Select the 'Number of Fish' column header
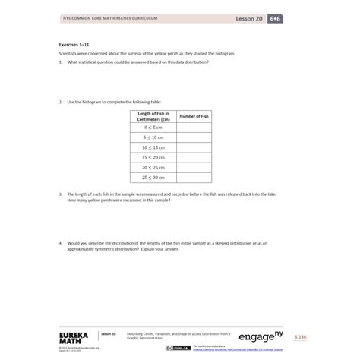193,116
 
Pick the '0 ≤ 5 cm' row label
153,128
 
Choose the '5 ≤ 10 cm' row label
153,137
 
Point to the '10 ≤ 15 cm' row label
153,147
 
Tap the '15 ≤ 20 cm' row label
153,157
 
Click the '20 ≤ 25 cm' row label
153,167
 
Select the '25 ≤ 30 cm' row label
153,177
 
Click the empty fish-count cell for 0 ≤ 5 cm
193,128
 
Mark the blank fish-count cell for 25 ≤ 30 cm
193,177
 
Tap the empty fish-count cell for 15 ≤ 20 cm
193,157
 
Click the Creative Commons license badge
182,346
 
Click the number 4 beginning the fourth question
60,243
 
